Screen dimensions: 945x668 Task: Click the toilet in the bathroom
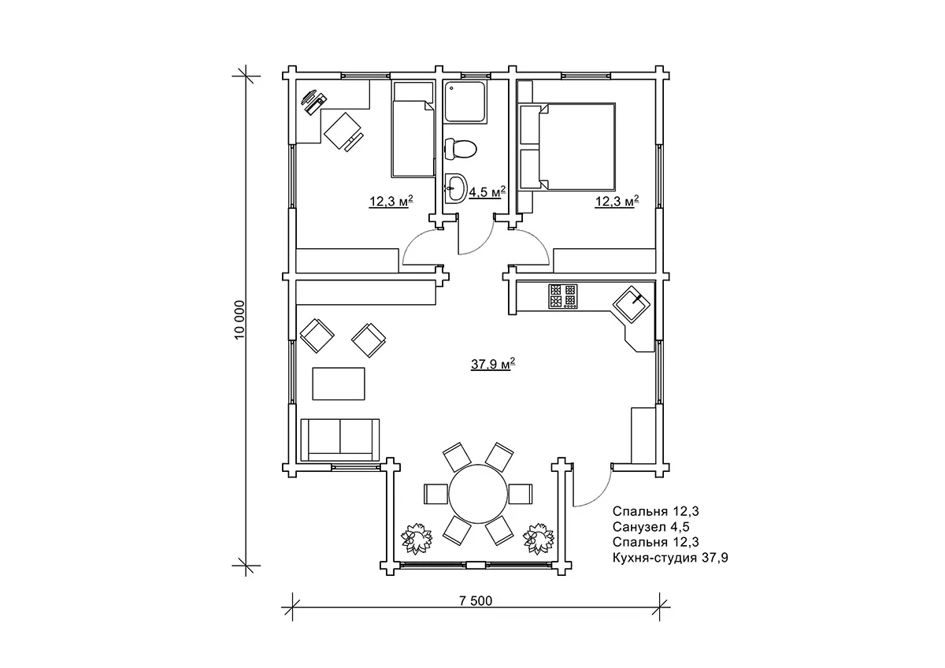[x=460, y=149]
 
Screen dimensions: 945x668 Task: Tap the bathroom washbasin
[x=456, y=187]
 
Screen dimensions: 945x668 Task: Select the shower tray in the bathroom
[x=465, y=102]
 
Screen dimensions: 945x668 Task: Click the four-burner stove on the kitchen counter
[x=563, y=296]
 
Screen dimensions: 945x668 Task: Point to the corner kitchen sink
[x=631, y=304]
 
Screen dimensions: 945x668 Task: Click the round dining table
[x=478, y=493]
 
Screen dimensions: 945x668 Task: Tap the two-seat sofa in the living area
[x=339, y=440]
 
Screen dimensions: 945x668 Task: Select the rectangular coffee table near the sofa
[x=339, y=384]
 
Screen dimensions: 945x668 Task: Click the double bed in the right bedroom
[x=568, y=147]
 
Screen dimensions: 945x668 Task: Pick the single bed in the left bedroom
[x=413, y=129]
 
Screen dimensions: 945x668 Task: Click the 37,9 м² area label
[x=493, y=364]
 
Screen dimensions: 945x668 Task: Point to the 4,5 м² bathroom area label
[x=487, y=192]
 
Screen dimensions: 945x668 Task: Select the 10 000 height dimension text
[x=239, y=320]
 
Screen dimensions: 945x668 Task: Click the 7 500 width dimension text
[x=476, y=600]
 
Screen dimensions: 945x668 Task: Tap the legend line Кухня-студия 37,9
[x=670, y=558]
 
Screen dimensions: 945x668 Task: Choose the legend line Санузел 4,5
[x=651, y=527]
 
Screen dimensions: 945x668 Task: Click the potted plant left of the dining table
[x=417, y=539]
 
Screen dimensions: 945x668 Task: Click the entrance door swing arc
[x=599, y=495]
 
